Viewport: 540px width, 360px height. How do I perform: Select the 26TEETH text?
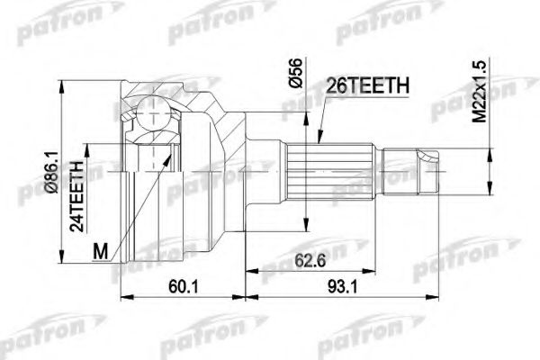tap(369, 85)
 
